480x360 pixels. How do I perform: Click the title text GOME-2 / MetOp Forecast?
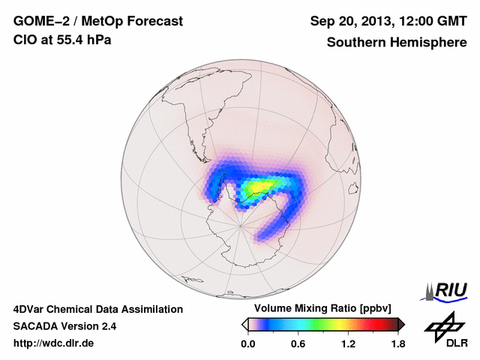97,22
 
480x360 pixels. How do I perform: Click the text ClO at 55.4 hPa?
62,40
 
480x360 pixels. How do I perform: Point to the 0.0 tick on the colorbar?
248,344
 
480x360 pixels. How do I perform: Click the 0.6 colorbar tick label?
298,344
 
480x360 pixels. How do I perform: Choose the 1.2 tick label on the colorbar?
348,344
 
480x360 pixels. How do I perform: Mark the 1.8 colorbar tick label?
397,344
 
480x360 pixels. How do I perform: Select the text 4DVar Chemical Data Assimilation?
98,309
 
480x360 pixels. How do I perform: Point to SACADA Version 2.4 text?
64,326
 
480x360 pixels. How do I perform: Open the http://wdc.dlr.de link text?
54,343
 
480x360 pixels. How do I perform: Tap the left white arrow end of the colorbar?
244,324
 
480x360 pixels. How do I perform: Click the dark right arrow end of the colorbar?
401,324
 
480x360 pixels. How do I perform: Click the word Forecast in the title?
154,22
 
